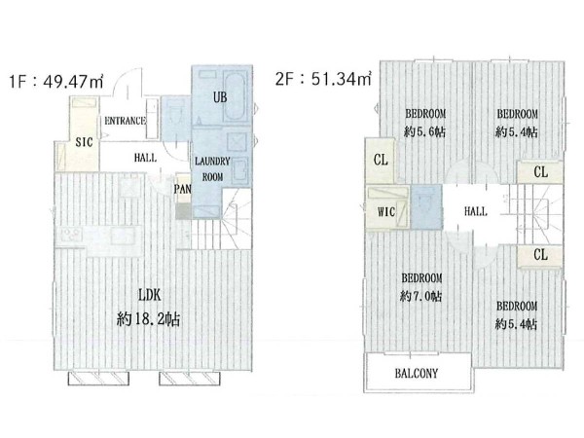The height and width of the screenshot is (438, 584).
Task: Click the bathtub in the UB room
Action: (x=235, y=96)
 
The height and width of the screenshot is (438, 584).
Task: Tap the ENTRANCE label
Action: (x=125, y=121)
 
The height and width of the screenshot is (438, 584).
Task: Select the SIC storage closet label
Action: (x=84, y=142)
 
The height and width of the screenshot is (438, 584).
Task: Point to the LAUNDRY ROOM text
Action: (x=212, y=169)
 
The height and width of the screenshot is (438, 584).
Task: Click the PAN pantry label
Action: (x=183, y=189)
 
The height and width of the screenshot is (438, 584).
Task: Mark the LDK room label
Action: (x=149, y=295)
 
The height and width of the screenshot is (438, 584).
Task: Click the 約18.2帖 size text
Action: (x=148, y=319)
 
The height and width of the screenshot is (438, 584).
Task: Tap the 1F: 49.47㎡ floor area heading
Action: (x=56, y=81)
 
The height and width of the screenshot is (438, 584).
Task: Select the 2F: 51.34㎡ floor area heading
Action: (x=323, y=79)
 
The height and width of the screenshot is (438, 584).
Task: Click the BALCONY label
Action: (x=417, y=373)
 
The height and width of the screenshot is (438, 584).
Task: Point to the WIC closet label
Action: (x=385, y=212)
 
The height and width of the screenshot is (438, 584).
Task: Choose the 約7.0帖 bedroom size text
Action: (x=420, y=297)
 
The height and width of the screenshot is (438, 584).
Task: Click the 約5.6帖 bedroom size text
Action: (x=424, y=131)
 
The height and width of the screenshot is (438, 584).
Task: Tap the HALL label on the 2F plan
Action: (x=476, y=211)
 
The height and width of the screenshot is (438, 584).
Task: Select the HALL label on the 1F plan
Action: (x=145, y=158)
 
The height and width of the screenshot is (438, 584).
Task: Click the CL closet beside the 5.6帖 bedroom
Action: (x=380, y=161)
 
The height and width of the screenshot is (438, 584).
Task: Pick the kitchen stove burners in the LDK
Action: (x=71, y=235)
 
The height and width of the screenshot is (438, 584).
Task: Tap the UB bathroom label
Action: (x=220, y=97)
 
